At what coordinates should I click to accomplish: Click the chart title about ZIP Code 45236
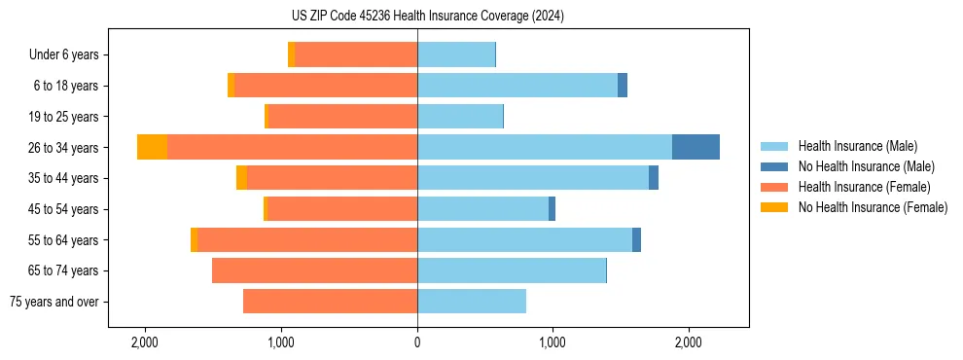tap(481, 17)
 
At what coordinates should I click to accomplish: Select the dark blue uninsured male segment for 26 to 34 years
tap(695, 147)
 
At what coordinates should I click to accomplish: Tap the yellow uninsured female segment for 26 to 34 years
tap(152, 147)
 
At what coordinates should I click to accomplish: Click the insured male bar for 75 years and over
tap(472, 302)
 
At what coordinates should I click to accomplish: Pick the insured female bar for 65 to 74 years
tap(314, 270)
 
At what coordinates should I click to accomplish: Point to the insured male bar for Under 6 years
tap(456, 54)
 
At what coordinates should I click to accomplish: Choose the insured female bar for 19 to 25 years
tap(342, 117)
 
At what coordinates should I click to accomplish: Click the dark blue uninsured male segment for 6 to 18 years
tap(623, 86)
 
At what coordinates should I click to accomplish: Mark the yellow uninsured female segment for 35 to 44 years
tap(241, 178)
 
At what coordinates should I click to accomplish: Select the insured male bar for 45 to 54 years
tap(482, 209)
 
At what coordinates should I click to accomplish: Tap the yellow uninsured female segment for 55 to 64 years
tap(195, 239)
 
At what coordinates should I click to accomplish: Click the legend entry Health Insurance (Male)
tap(857, 146)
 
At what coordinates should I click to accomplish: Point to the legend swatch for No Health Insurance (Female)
tap(774, 207)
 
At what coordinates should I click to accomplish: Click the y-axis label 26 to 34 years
tap(64, 148)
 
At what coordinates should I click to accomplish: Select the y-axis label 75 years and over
tap(54, 302)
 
